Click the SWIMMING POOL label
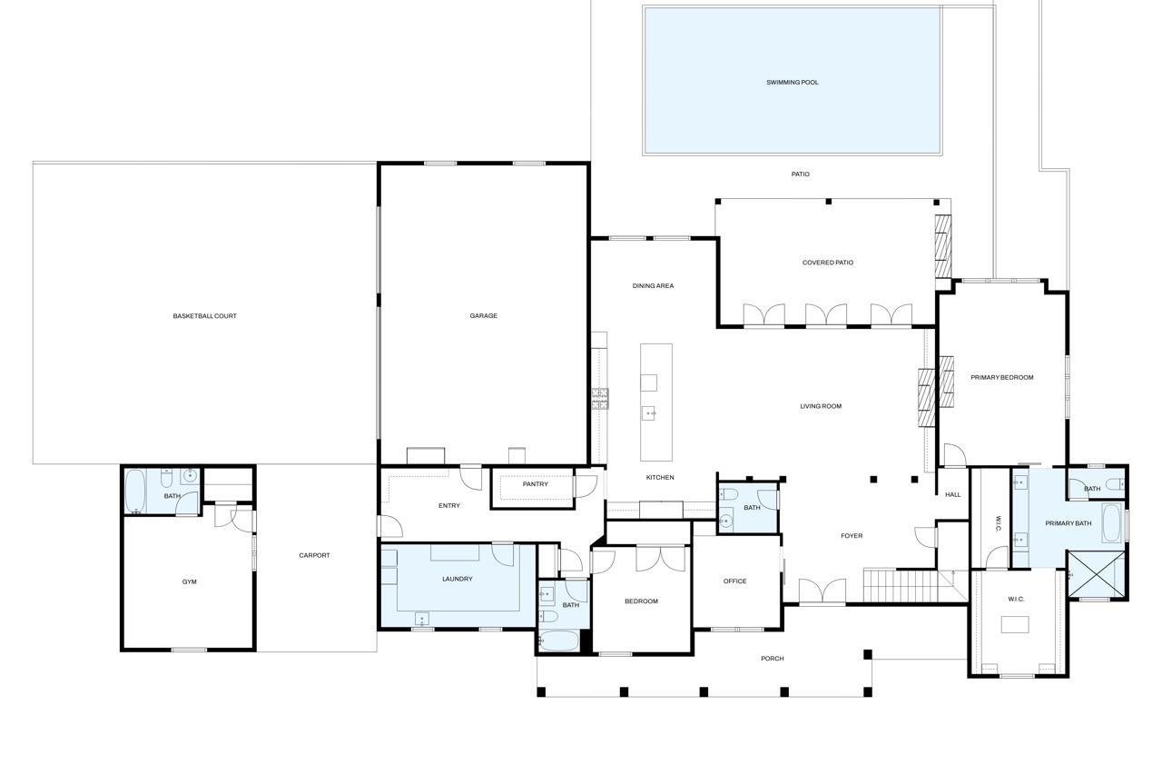click(793, 83)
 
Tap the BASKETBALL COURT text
click(204, 316)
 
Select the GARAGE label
click(484, 315)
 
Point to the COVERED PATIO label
click(827, 263)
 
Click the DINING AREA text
click(653, 286)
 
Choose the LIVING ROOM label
click(821, 406)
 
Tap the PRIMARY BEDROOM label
click(1001, 377)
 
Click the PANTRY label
click(535, 484)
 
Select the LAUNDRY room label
click(457, 579)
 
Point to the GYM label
click(190, 581)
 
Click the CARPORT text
click(314, 555)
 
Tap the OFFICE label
click(735, 581)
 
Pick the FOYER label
click(852, 536)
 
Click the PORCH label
click(773, 659)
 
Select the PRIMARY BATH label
click(1068, 523)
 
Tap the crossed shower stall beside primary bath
click(1095, 574)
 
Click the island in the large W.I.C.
click(1015, 624)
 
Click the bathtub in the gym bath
click(136, 492)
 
